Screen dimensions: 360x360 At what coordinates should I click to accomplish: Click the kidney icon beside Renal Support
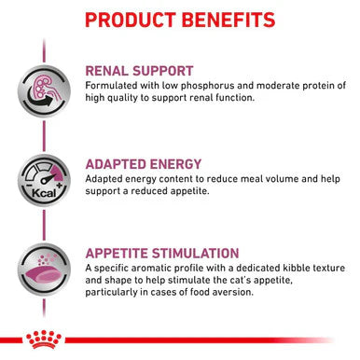(x=45, y=87)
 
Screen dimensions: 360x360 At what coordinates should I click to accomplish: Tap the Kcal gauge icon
(x=44, y=174)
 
